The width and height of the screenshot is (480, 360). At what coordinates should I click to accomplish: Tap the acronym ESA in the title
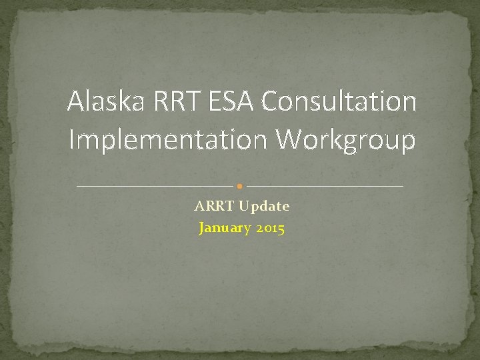pyautogui.click(x=231, y=102)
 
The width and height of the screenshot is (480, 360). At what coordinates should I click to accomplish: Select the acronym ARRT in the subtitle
pyautogui.click(x=211, y=207)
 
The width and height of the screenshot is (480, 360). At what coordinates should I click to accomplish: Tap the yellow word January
pyautogui.click(x=223, y=229)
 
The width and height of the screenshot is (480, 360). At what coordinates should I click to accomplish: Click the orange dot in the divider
pyautogui.click(x=240, y=185)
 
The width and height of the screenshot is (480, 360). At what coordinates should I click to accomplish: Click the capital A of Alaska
pyautogui.click(x=76, y=102)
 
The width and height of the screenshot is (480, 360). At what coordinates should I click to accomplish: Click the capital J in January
pyautogui.click(x=202, y=229)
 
